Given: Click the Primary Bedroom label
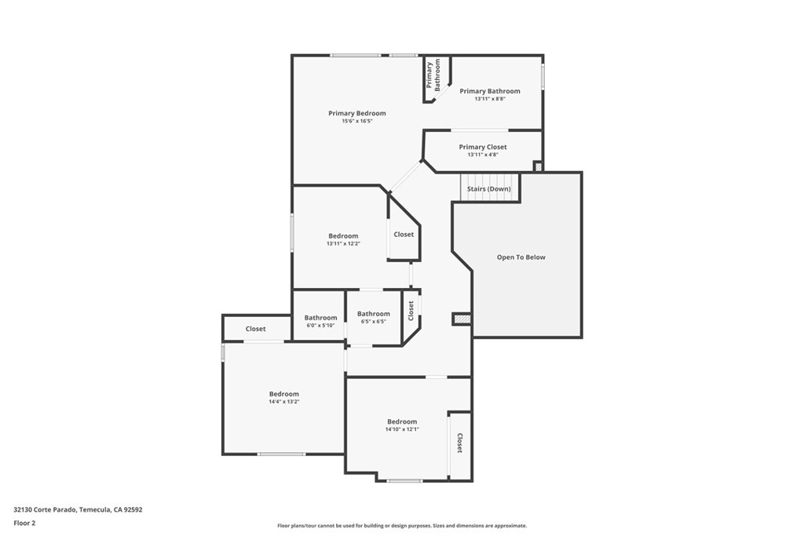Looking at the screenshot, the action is (357, 113).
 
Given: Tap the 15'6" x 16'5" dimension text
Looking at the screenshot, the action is (357, 122).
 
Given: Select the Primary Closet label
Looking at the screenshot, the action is (483, 147).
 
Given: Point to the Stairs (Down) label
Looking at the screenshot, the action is (488, 188).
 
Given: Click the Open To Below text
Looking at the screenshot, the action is (521, 257).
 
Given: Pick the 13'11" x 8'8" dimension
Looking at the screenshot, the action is (490, 99).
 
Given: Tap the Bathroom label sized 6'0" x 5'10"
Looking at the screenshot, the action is (320, 318).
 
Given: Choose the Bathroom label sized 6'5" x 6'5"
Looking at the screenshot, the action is (373, 314).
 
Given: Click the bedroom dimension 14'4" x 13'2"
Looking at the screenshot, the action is (284, 402).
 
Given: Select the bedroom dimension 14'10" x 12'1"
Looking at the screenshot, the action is (402, 429).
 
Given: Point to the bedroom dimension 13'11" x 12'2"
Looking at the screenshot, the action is (343, 244).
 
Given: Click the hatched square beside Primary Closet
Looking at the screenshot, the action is (538, 166).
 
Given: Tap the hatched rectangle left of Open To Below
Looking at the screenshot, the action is (462, 319).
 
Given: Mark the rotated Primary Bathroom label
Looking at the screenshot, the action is (433, 75).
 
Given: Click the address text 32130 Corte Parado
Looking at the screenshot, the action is (45, 510).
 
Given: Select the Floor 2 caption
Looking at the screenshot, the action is (24, 523).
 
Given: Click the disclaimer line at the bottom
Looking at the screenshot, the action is (402, 526).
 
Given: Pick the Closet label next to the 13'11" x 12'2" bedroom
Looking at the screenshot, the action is (404, 234).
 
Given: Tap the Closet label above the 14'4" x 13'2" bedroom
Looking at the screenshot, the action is (255, 329).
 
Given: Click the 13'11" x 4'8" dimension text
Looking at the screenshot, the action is (483, 155).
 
